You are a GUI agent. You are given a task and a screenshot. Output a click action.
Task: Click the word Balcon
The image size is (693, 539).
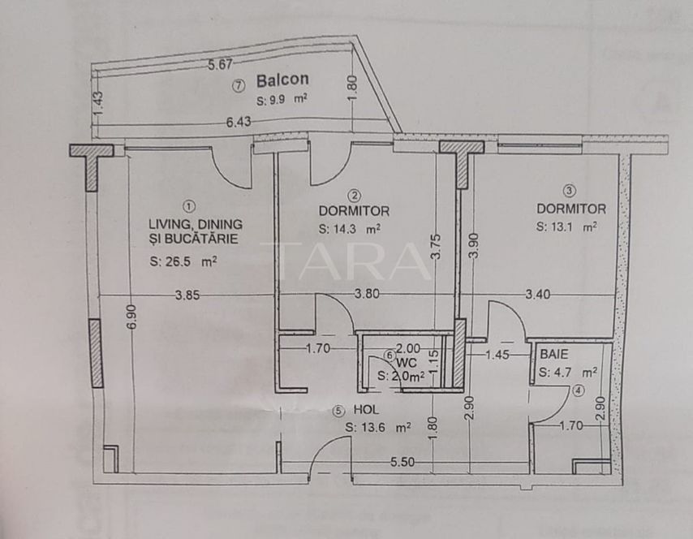coord(282,81)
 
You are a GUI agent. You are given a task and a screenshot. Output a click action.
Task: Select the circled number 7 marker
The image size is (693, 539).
coord(238,84)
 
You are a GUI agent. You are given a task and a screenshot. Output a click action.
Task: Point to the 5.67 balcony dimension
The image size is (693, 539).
coord(220,64)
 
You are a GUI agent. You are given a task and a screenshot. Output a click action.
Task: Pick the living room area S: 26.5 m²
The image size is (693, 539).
coord(183,261)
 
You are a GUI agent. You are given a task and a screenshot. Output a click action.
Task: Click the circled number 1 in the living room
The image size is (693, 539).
coord(189,206)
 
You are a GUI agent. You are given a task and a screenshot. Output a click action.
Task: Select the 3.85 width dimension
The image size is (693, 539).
coord(187,295)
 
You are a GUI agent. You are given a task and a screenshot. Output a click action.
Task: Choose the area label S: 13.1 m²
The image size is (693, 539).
coord(567,227)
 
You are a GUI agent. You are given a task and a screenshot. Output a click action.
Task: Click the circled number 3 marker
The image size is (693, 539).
coord(570,191)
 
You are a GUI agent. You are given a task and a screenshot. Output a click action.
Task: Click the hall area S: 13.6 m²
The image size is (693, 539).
coord(377,426)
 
